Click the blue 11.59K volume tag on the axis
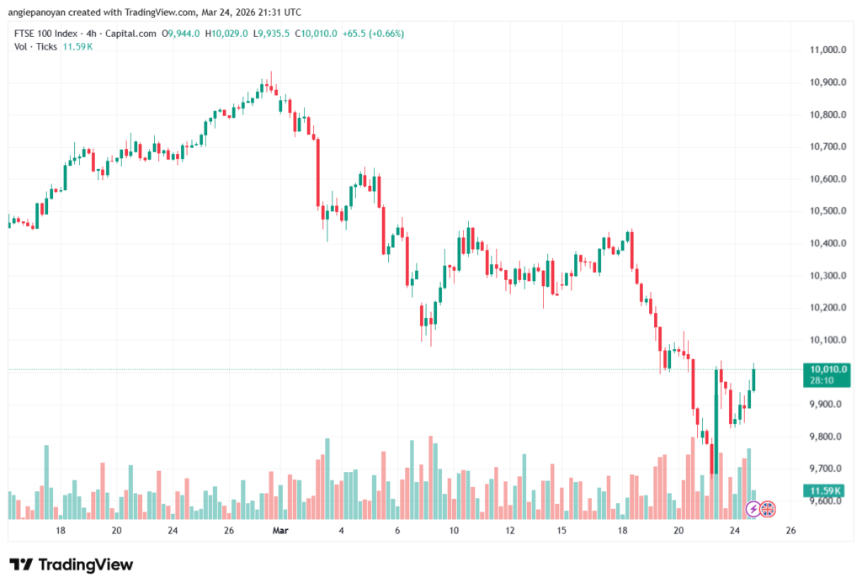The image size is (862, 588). pyautogui.click(x=826, y=490)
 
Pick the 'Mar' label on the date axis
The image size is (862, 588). pyautogui.click(x=280, y=532)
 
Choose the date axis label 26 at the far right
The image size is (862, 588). pyautogui.click(x=790, y=532)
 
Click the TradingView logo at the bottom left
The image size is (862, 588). pyautogui.click(x=72, y=564)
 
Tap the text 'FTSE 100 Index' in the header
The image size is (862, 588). pyautogui.click(x=46, y=34)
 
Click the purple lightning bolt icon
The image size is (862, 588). pyautogui.click(x=753, y=508)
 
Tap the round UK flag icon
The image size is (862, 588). pyautogui.click(x=768, y=508)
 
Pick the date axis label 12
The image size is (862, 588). pyautogui.click(x=510, y=532)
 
